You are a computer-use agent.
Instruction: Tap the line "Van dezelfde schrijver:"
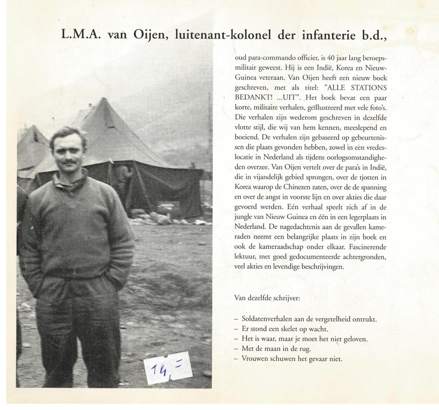pos(267,298)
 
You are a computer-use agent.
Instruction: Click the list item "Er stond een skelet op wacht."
pos(285,329)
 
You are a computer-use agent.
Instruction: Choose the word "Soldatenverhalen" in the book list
pos(263,319)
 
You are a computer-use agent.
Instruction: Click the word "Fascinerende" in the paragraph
pos(371,246)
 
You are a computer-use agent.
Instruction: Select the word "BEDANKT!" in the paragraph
pos(249,98)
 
